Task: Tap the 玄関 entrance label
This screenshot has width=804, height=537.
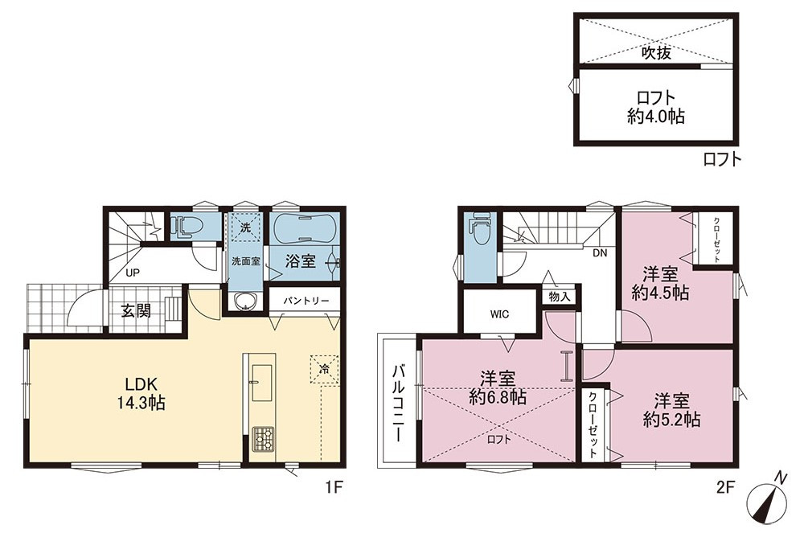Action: [x=136, y=310]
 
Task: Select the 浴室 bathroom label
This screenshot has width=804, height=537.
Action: [x=300, y=261]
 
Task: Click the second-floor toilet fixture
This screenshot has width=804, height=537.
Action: [x=480, y=230]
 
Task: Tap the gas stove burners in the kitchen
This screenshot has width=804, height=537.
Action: [x=263, y=440]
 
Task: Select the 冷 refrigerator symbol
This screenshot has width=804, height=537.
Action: [x=324, y=368]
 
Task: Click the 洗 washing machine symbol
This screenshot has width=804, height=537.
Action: [x=245, y=228]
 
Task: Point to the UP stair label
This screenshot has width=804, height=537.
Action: [x=133, y=273]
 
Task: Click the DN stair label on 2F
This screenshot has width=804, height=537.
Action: [x=600, y=253]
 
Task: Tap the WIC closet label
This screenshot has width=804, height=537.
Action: [x=499, y=314]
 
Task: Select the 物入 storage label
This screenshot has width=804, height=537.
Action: [x=559, y=297]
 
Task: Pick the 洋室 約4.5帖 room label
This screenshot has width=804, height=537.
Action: [x=660, y=283]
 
